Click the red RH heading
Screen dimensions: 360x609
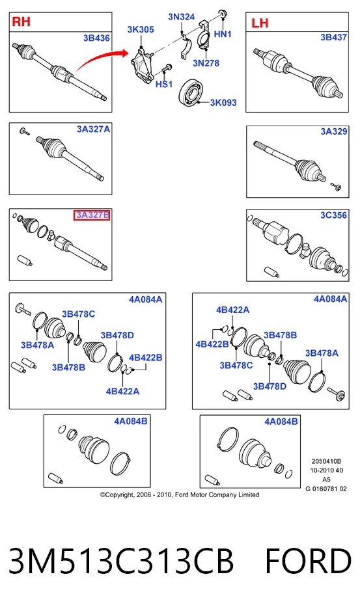21,21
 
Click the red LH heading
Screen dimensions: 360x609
260,23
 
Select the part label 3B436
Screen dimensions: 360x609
96,38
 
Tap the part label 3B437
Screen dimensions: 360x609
333,37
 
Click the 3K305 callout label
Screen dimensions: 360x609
141,29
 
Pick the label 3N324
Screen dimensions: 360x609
182,17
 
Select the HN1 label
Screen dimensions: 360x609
223,34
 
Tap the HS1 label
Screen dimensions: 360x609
164,84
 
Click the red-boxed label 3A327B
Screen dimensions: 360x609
92,215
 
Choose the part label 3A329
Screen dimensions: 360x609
334,131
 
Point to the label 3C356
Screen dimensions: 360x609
333,215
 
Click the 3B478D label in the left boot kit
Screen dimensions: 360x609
117,335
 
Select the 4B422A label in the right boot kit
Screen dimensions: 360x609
233,310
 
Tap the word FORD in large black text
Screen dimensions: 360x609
309,561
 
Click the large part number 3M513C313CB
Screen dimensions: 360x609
121,561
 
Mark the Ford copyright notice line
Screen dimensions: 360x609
180,494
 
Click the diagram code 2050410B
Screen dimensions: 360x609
326,461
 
